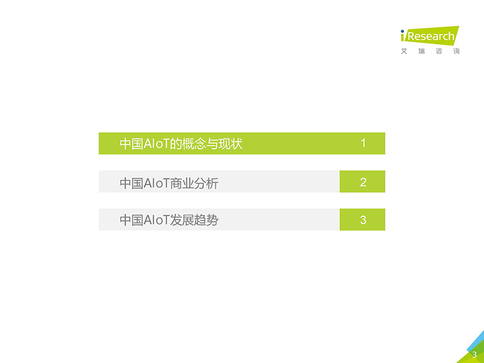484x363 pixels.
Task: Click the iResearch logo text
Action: tap(430, 36)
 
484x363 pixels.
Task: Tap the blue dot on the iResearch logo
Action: tap(402, 31)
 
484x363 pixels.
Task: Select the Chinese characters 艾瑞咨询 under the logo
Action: tap(430, 51)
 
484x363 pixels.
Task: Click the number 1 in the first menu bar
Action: tap(363, 143)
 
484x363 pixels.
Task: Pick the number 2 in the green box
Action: tap(363, 182)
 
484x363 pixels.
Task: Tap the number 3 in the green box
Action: tap(363, 220)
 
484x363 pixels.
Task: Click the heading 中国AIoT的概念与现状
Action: tap(181, 144)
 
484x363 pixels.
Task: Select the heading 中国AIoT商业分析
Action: tap(169, 183)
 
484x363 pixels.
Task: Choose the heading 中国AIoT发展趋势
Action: tap(169, 220)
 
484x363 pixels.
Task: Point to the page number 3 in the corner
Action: tap(475, 355)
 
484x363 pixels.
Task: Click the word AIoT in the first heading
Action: tap(157, 144)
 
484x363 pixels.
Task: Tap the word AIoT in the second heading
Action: tap(157, 183)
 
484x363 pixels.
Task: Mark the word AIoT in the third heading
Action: tap(157, 220)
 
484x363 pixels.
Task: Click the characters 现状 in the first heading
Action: tap(230, 144)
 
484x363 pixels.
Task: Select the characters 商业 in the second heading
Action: tap(182, 183)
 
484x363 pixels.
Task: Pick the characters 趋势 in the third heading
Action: tap(206, 220)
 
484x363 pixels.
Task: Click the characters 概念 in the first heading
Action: tap(194, 144)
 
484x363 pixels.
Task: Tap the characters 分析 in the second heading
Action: tap(206, 183)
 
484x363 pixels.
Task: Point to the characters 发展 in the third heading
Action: tap(182, 220)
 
